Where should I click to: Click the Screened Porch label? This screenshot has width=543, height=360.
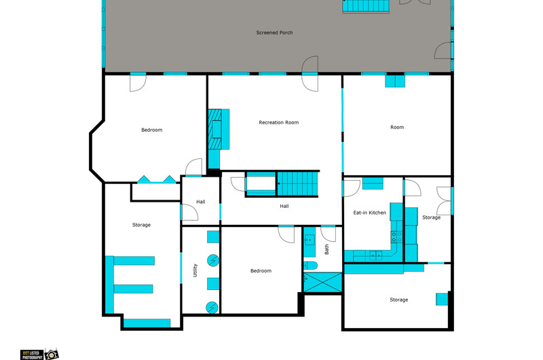tap(274, 33)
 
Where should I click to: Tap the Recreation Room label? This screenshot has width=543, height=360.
tap(279, 122)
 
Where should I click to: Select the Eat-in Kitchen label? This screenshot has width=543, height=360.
tap(369, 213)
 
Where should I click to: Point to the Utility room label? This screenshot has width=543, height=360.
tap(195, 270)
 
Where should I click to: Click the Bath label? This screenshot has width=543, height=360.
tap(326, 249)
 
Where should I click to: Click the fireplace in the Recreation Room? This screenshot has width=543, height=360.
tap(219, 129)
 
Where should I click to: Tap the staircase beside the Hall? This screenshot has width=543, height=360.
tap(297, 183)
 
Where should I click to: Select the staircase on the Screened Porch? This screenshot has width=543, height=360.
tap(366, 6)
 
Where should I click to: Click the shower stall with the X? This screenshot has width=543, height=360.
tap(322, 283)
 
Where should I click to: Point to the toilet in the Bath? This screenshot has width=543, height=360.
tap(311, 266)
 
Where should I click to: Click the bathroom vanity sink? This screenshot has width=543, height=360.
tap(310, 239)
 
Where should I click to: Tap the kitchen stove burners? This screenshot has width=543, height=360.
tap(397, 237)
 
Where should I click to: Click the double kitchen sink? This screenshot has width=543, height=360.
tap(375, 255)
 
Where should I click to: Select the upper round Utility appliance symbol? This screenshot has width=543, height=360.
tap(213, 260)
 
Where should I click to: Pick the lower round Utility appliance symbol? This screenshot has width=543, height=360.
tap(212, 308)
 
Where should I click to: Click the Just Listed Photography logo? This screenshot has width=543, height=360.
tap(39, 354)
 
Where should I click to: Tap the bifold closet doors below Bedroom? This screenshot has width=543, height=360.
tap(157, 179)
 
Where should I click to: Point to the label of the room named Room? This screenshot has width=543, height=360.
tap(397, 127)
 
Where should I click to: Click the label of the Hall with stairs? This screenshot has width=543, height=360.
tap(284, 206)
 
